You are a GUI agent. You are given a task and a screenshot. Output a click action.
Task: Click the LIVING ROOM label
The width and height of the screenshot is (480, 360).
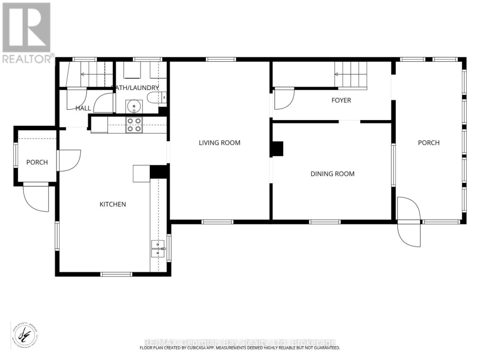tap(219, 143)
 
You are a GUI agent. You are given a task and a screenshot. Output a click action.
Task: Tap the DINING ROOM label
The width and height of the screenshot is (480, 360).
tap(332, 174)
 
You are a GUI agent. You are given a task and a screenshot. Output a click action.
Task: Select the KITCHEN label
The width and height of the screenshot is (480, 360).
tap(112, 204)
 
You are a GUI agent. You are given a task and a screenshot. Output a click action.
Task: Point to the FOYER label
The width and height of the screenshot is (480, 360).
tap(341, 100)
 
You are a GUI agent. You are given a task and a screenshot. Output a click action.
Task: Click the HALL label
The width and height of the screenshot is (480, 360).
tap(83, 108)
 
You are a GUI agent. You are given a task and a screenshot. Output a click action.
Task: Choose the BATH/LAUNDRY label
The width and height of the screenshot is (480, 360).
tap(136, 88)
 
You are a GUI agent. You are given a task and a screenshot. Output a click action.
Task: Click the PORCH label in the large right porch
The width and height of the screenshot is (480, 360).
tap(429, 143)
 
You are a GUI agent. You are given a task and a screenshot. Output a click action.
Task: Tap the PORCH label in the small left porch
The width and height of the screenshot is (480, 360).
tap(37, 162)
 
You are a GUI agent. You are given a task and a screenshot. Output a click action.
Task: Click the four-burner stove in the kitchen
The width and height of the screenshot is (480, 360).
tap(134, 125)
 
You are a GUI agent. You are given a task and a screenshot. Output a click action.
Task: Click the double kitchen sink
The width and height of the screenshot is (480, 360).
tap(157, 249)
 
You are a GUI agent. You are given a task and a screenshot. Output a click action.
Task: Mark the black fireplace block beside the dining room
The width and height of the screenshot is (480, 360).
tap(277, 149)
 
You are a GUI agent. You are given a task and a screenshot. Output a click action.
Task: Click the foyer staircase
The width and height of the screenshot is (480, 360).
tap(351, 75)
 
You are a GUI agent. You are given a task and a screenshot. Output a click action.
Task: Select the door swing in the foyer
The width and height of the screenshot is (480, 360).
tap(284, 99)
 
